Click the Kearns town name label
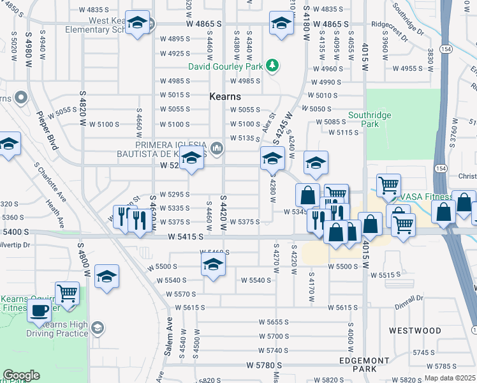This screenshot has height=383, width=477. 225,96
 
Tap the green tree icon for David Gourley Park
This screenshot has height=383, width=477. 272,65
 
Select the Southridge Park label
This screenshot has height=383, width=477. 363,120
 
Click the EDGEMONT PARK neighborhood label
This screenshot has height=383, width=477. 365,364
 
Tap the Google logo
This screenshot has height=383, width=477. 21,375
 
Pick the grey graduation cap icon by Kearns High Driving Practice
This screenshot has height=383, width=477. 97,328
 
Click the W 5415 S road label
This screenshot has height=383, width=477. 186,237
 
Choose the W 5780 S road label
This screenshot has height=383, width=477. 265,366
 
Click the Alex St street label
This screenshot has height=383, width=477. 268,121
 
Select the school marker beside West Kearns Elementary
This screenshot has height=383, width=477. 137,23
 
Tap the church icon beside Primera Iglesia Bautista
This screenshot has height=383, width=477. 217,149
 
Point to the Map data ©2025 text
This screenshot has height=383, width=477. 450,378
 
